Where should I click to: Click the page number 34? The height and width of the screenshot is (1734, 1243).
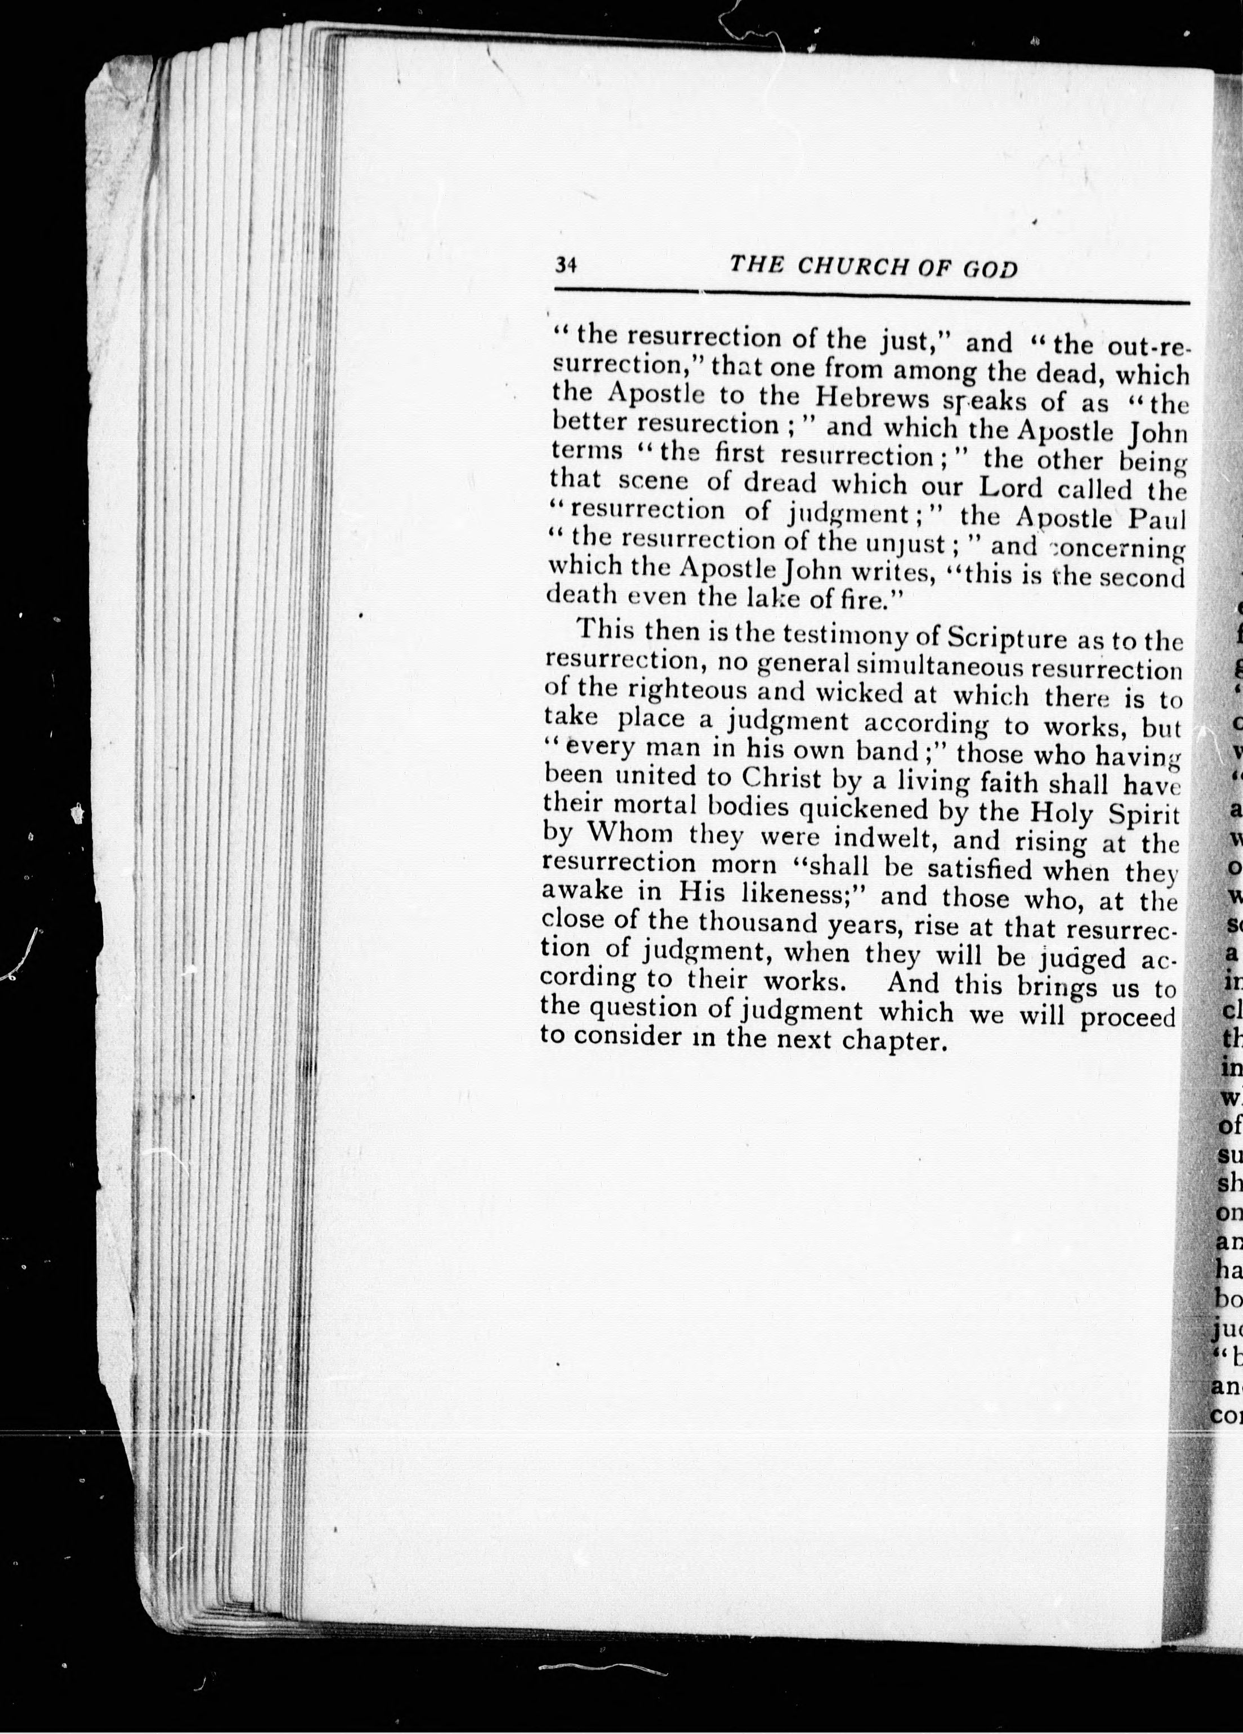pos(566,265)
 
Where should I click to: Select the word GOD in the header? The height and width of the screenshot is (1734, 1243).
pos(991,269)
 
